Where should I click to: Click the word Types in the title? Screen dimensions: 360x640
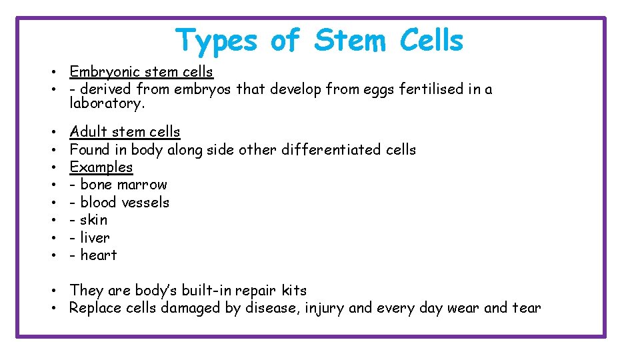click(x=215, y=41)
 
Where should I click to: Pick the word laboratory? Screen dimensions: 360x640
click(x=107, y=103)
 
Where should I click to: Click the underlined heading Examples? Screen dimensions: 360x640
click(x=101, y=167)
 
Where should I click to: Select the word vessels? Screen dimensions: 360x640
click(x=145, y=203)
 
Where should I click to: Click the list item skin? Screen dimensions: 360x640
click(x=93, y=220)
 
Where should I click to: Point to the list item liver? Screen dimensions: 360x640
click(x=95, y=238)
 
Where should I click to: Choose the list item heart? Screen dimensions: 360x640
click(x=98, y=255)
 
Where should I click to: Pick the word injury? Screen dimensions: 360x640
click(x=325, y=308)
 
